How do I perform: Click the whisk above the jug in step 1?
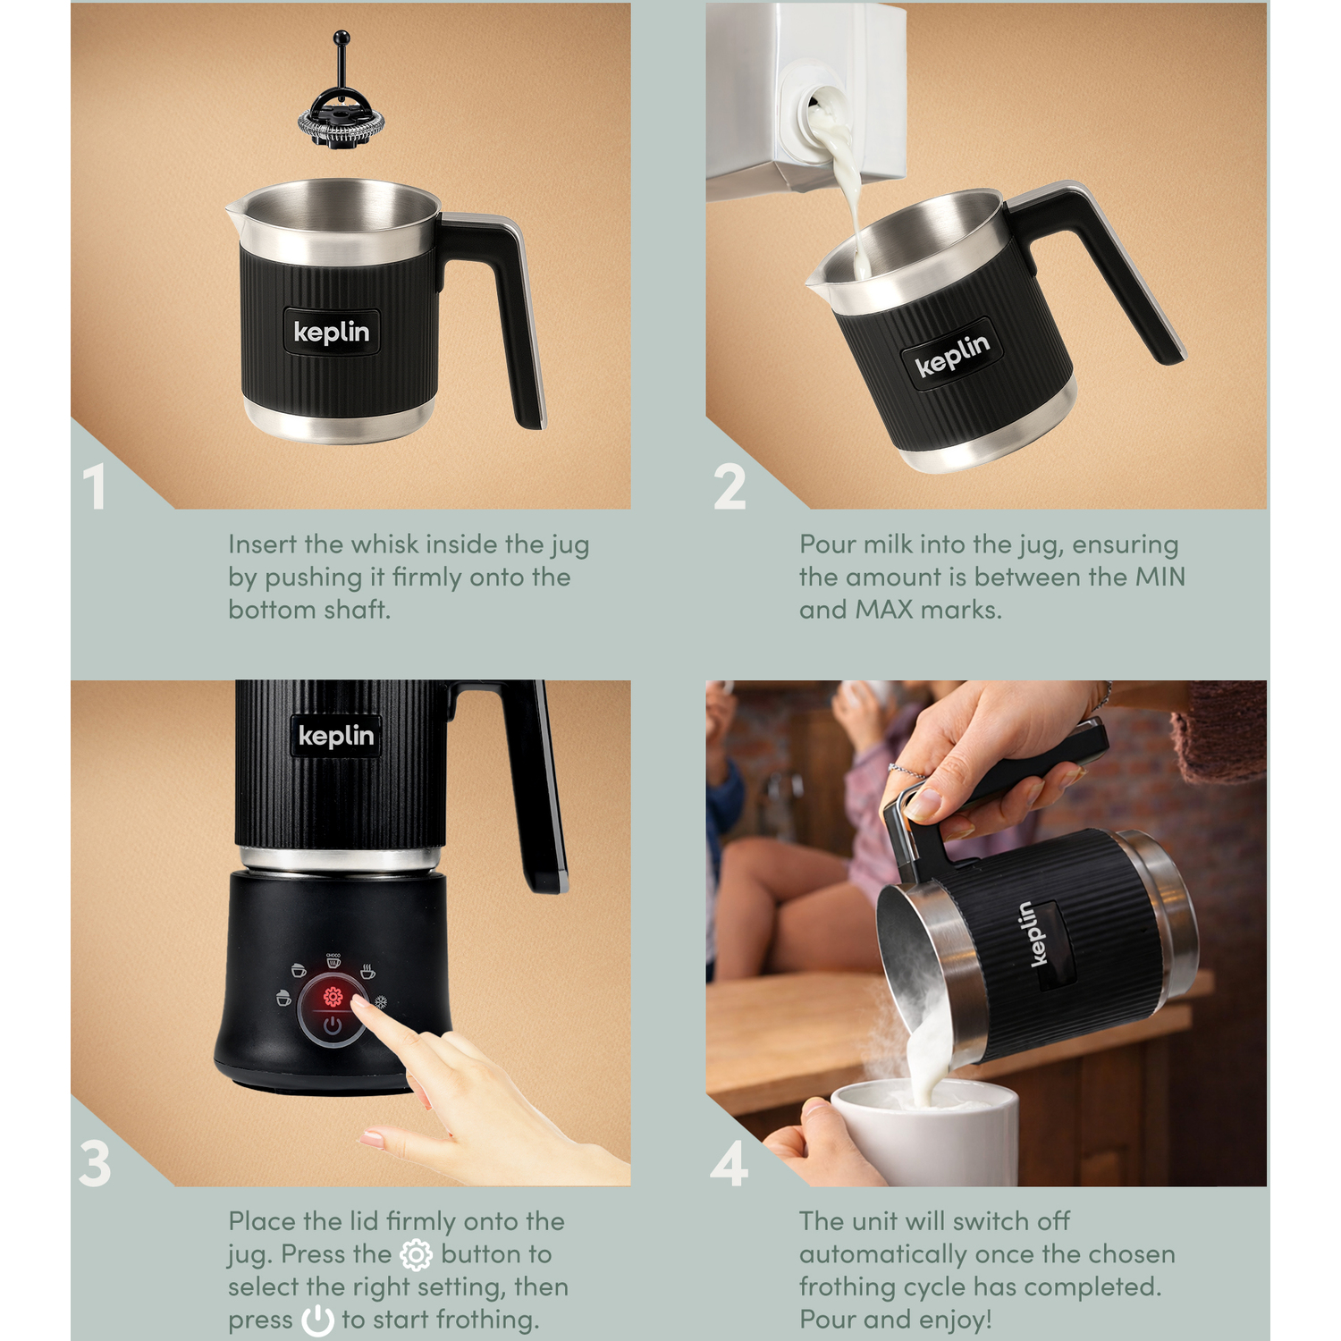tap(341, 98)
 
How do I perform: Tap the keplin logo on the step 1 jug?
tap(332, 333)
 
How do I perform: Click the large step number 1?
tap(95, 487)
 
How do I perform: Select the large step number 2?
tap(730, 487)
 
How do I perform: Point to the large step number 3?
tap(95, 1164)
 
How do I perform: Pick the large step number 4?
tap(729, 1164)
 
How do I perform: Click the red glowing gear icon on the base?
tap(333, 997)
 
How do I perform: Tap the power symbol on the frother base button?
tap(333, 1025)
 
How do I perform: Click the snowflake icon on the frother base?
tap(380, 1002)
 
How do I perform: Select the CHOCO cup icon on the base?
tap(333, 960)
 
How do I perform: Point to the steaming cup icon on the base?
tap(367, 972)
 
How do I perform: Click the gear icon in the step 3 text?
tap(416, 1255)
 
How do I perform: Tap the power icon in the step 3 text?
tap(317, 1320)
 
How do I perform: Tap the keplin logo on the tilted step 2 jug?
tap(952, 354)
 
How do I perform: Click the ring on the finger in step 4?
tap(904, 771)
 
